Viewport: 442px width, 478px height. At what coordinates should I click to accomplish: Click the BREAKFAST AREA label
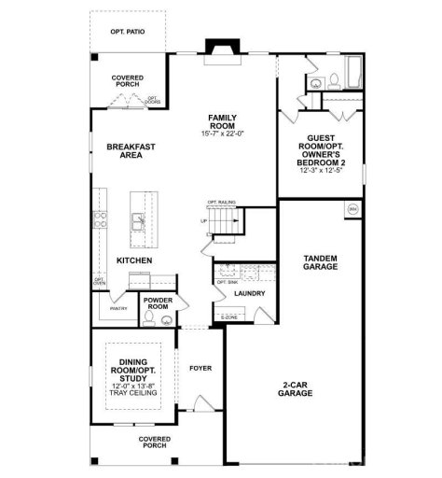coord(130,151)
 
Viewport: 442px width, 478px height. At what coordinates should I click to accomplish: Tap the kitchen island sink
coord(137,221)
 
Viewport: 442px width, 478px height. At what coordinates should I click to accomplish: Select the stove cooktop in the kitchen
coord(99,220)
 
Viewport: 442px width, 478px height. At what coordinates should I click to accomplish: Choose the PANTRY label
coord(118,308)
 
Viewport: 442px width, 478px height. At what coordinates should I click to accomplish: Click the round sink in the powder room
coord(166,320)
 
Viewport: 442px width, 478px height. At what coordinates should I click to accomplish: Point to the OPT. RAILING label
coord(221,202)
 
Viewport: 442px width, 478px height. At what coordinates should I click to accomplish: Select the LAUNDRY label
coord(250,294)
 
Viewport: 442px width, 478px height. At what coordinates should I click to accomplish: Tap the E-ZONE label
coord(228,318)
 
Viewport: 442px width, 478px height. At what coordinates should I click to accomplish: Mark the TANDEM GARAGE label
coord(320,262)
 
